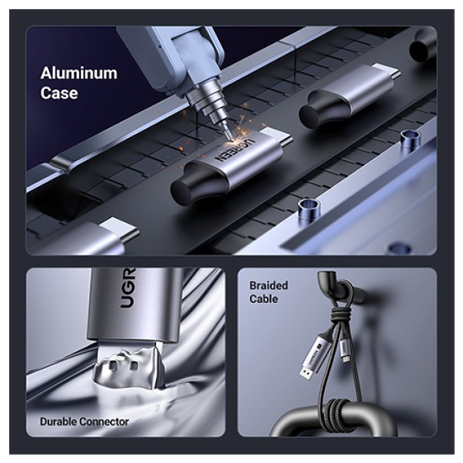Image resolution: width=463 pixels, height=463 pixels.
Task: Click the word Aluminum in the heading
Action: coord(78,73)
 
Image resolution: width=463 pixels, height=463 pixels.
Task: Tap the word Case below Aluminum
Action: coord(59,93)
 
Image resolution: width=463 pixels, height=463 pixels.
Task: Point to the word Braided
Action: coord(269,285)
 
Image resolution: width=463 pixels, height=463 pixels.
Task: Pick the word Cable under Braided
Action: coord(263,299)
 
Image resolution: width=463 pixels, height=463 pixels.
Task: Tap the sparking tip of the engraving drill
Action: coord(229,136)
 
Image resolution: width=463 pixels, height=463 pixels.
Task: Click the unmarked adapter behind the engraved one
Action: coord(349,95)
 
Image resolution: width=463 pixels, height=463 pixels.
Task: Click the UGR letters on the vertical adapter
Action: coord(129,289)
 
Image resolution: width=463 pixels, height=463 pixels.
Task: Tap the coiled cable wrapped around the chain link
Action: coord(338,411)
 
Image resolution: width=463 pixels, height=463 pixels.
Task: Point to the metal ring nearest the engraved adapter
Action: coord(309,208)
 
